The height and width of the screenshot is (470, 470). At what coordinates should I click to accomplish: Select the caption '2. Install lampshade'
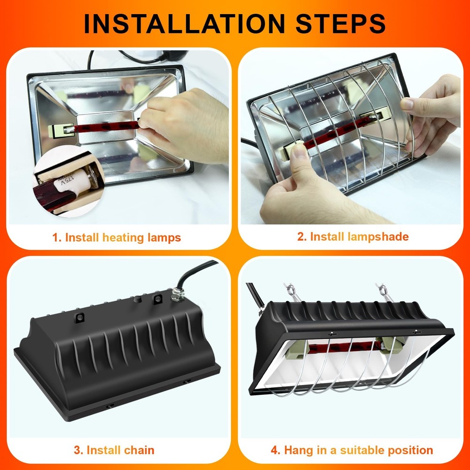coord(352,236)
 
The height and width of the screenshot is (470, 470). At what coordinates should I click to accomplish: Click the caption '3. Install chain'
coord(114,450)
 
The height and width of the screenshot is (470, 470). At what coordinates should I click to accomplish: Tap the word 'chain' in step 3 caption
coord(139,450)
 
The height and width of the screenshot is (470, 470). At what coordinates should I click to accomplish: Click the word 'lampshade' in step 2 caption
coord(378,236)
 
